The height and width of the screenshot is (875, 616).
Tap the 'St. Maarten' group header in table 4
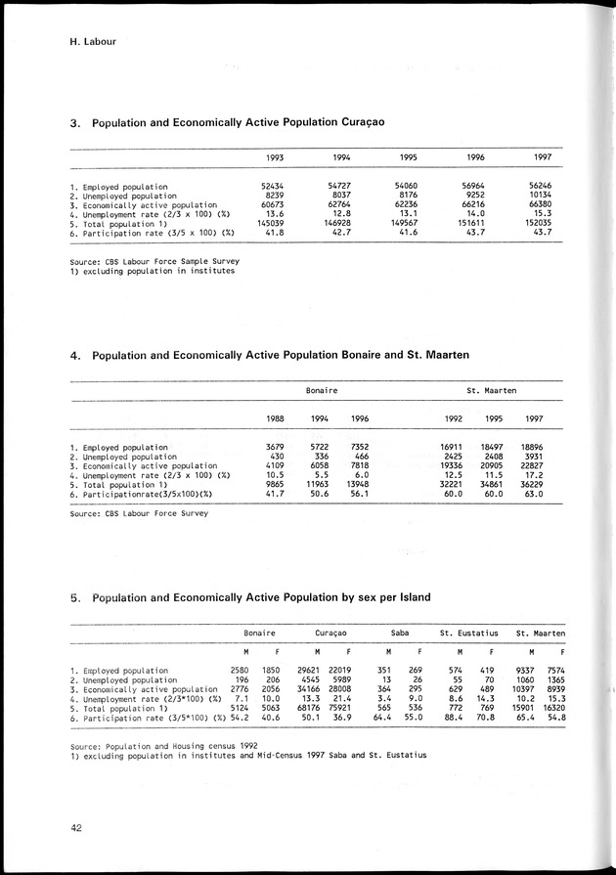[x=491, y=391]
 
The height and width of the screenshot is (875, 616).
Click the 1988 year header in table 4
[x=275, y=419]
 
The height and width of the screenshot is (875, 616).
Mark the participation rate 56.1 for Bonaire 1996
[x=358, y=495]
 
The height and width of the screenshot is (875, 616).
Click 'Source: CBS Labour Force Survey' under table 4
[x=139, y=511]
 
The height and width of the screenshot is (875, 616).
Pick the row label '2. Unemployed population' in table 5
[x=123, y=679]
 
